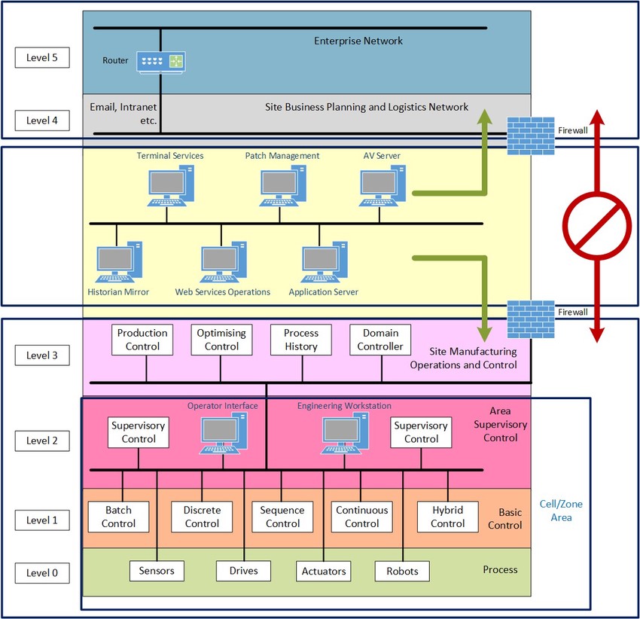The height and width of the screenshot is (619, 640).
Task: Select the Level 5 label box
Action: tap(42, 58)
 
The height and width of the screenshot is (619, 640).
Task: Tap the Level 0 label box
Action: tap(42, 573)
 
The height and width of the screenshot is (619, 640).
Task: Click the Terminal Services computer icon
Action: tap(169, 186)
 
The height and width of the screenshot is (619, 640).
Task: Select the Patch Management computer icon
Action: tap(282, 186)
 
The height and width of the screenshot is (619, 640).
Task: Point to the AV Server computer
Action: tap(382, 186)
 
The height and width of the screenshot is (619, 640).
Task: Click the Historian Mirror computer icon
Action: tap(119, 261)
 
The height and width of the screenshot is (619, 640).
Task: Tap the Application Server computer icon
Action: tap(323, 261)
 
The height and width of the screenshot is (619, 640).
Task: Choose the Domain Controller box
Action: tap(381, 340)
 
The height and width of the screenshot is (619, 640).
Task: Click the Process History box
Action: tap(301, 340)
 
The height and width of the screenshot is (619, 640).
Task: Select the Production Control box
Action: tap(142, 340)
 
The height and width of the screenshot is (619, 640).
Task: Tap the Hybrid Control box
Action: tap(447, 517)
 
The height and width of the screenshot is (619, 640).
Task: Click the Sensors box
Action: tap(157, 571)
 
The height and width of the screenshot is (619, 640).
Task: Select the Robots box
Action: tap(402, 571)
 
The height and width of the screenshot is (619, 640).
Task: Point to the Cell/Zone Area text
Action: tap(556, 511)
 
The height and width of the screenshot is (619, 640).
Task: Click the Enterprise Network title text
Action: tap(358, 41)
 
